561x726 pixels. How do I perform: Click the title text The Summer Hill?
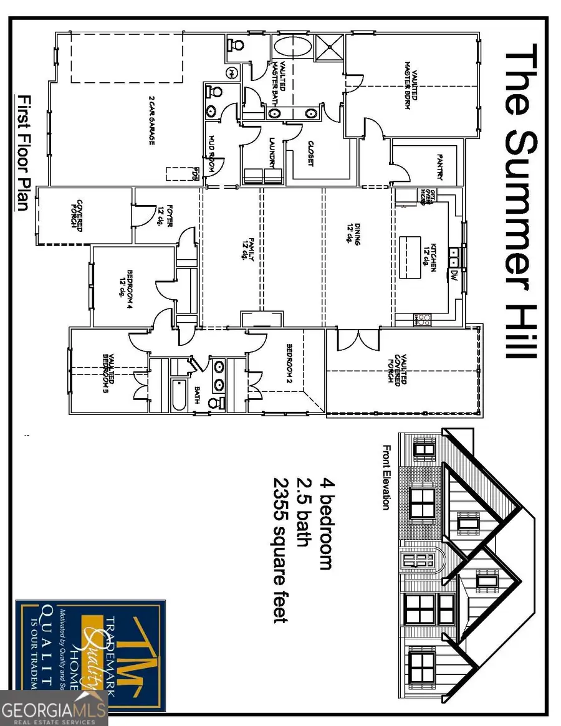[x=519, y=201]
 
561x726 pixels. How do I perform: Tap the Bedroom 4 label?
[x=128, y=284]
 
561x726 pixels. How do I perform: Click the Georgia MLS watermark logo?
[x=55, y=710]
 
